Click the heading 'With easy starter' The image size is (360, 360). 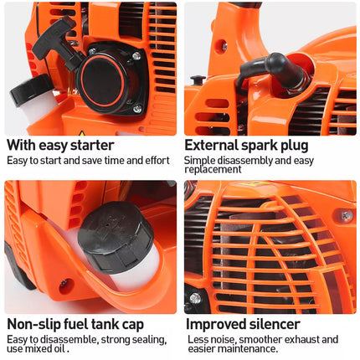pyautogui.click(x=59, y=145)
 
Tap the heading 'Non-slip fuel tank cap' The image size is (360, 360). pyautogui.click(x=75, y=323)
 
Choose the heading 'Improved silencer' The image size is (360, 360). pyautogui.click(x=243, y=323)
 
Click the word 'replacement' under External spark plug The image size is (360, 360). pyautogui.click(x=213, y=169)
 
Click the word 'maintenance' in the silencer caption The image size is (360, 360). pyautogui.click(x=249, y=348)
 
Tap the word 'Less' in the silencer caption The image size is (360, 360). pyautogui.click(x=198, y=339)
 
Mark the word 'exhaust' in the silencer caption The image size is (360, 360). pyautogui.click(x=301, y=339)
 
